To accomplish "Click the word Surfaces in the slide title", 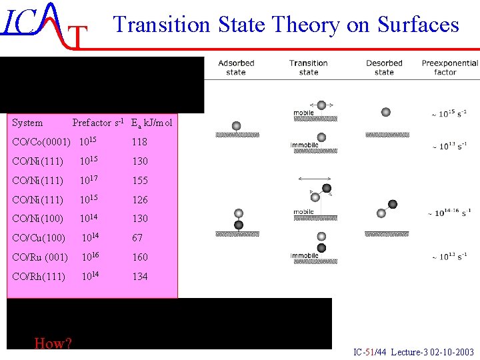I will (x=418, y=25).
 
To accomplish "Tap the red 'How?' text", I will (x=53, y=343).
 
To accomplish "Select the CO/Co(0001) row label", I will (x=41, y=142).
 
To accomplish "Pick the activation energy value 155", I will (x=140, y=181).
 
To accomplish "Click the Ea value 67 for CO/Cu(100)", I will (x=137, y=238).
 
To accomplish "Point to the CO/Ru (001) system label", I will (x=40, y=257).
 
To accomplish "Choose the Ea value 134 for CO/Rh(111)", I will (x=140, y=277).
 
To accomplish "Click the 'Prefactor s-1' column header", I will (x=100, y=123).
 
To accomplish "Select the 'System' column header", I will (x=27, y=123).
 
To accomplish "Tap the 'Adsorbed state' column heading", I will (x=236, y=67).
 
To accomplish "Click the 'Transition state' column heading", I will (x=309, y=67).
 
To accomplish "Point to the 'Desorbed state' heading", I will (x=384, y=67).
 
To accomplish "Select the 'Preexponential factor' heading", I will (x=450, y=67).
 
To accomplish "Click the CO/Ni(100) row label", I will (x=39, y=219).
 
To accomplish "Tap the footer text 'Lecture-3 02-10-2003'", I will (x=433, y=352).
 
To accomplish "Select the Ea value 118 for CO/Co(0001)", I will (x=139, y=142).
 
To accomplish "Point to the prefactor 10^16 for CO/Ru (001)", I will (x=91, y=257).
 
